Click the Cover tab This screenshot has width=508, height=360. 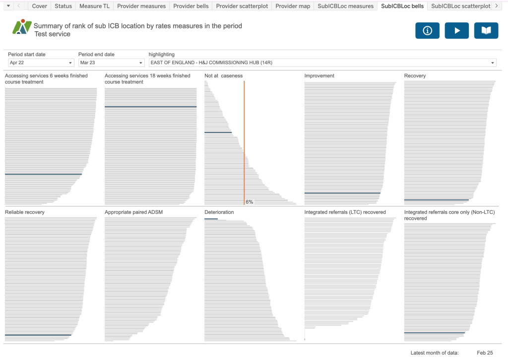40,6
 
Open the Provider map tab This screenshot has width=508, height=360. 293,6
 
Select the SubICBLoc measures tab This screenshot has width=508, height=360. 346,6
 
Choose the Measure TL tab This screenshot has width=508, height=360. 94,6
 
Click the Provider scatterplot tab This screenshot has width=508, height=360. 242,6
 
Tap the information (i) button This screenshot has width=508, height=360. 427,31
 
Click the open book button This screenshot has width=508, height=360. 486,31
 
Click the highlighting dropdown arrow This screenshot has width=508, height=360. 493,63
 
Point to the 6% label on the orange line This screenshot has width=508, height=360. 249,202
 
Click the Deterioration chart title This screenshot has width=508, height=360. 219,212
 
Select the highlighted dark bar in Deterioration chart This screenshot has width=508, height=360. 211,219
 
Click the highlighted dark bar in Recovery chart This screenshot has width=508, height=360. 436,200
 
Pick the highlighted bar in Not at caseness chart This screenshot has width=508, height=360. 218,132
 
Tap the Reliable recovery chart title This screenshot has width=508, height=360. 25,212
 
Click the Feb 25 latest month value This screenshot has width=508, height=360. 485,353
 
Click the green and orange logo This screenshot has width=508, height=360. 21,27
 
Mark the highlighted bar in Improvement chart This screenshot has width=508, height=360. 342,193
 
